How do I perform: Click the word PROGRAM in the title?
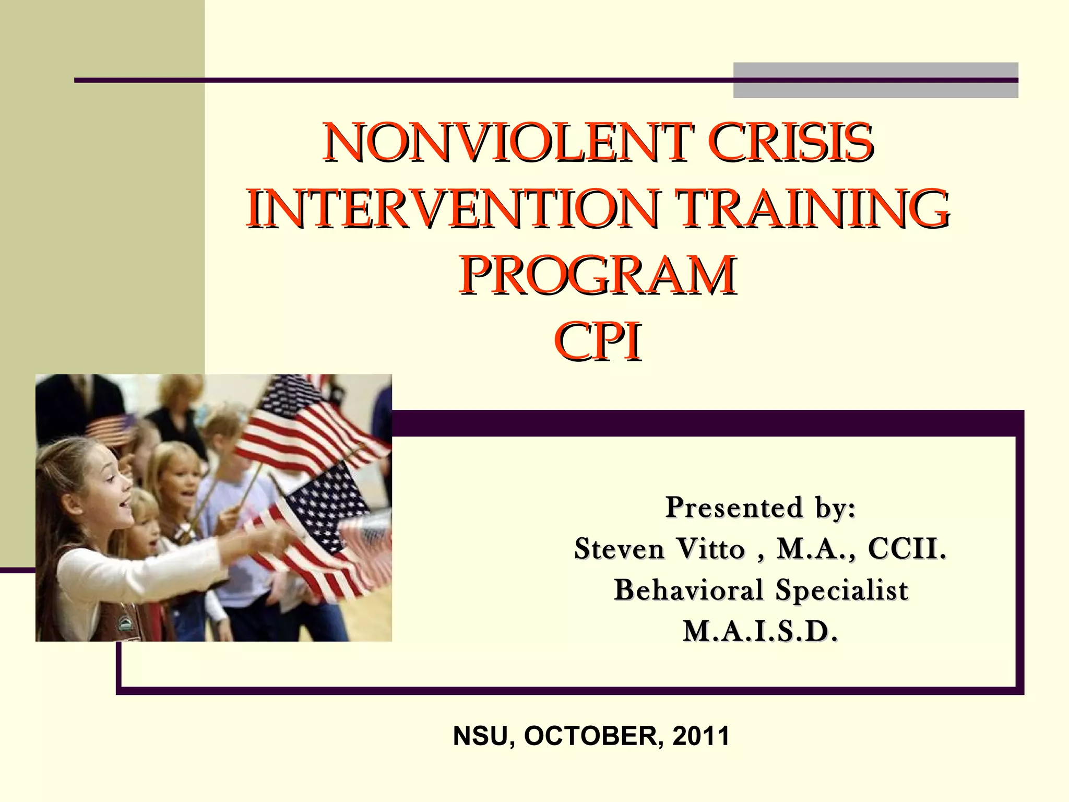click(598, 275)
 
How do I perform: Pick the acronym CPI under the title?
click(598, 341)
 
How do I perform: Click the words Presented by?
click(761, 508)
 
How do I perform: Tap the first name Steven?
click(620, 549)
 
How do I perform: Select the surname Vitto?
click(711, 549)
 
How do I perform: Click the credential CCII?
click(907, 549)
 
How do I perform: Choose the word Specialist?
click(841, 590)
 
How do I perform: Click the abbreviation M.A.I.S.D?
click(761, 631)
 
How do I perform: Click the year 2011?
click(700, 736)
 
